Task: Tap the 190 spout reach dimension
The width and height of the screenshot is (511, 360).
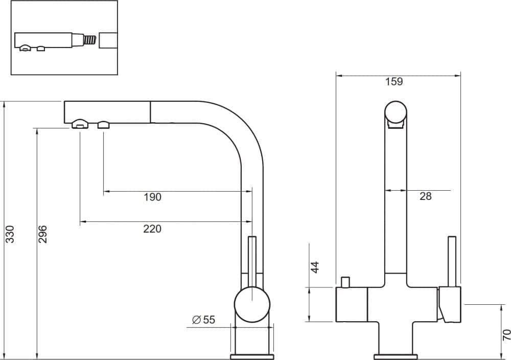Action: tap(152, 197)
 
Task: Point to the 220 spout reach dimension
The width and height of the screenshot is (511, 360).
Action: tap(152, 229)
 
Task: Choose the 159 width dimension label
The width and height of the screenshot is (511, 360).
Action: tap(394, 81)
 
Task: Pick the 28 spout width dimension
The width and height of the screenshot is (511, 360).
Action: tap(425, 196)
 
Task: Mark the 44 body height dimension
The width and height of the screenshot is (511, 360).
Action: tap(315, 267)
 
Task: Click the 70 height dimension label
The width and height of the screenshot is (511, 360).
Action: tap(506, 335)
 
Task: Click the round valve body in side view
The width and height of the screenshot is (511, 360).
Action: tap(251, 304)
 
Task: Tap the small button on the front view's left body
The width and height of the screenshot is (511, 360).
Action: tap(345, 282)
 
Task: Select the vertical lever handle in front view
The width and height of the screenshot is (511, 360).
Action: tap(451, 261)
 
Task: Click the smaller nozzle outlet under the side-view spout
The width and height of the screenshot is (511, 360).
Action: tap(104, 124)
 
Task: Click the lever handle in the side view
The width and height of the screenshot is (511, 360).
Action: tap(251, 261)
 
